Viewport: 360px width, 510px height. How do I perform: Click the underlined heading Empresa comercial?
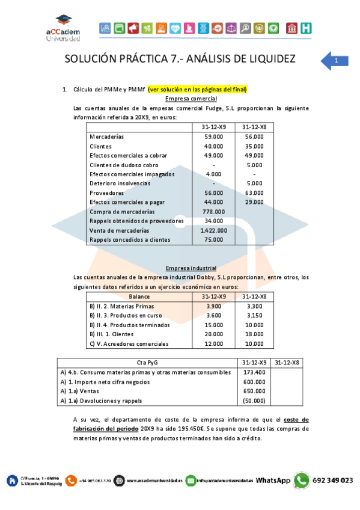pyautogui.click(x=191, y=99)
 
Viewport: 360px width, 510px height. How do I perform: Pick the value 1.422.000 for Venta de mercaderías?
pyautogui.click(x=214, y=230)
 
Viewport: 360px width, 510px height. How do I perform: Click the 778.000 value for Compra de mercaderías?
pyautogui.click(x=214, y=211)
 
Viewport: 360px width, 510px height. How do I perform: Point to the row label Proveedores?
pyautogui.click(x=106, y=192)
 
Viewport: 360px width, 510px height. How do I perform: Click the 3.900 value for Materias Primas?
pyautogui.click(x=214, y=306)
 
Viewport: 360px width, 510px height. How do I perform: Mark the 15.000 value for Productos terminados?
pyautogui.click(x=214, y=325)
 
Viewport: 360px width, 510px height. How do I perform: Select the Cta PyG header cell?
pyautogui.click(x=146, y=362)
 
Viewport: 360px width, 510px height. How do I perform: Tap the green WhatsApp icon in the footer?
pyautogui.click(x=302, y=480)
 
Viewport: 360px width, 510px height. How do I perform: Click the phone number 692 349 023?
pyautogui.click(x=333, y=480)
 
